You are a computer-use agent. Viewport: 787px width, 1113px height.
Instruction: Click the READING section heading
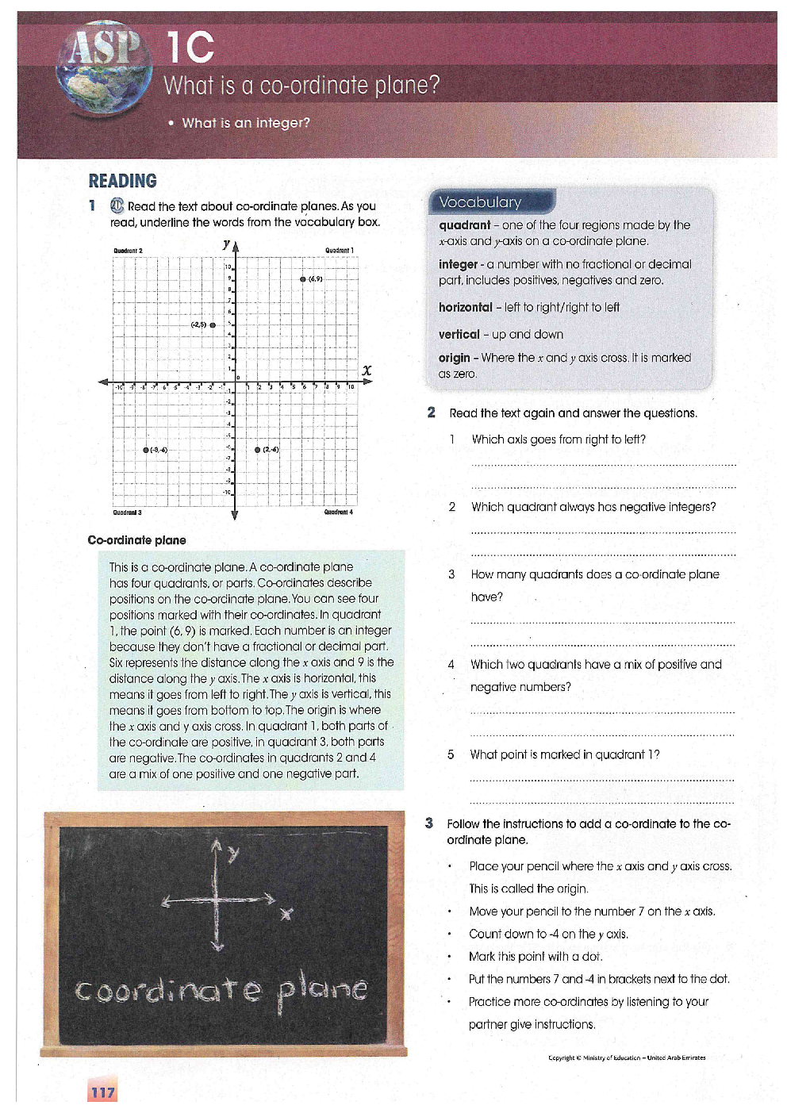pos(122,181)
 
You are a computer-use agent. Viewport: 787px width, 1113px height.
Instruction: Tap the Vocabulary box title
pos(481,202)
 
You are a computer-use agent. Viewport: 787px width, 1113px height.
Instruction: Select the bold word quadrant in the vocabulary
pos(465,225)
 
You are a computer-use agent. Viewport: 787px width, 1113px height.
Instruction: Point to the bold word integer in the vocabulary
pos(458,264)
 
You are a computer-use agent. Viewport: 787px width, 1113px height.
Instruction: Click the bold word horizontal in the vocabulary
pos(465,307)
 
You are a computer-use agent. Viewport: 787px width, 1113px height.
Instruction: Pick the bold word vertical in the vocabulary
pos(459,335)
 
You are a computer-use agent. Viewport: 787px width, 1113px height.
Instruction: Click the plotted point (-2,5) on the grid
pos(213,325)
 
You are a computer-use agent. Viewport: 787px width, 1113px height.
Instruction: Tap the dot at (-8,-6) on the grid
pos(146,450)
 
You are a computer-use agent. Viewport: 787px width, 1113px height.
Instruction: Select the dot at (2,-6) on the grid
pos(258,450)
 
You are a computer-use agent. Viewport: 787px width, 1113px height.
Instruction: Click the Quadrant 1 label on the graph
pos(340,251)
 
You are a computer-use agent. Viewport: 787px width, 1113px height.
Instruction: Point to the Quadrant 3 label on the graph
pos(128,512)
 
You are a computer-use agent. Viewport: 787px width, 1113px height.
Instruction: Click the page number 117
pos(102,1092)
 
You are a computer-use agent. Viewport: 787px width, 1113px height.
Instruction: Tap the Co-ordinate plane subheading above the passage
pos(136,540)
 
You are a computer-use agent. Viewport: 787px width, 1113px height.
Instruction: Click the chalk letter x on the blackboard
pos(286,914)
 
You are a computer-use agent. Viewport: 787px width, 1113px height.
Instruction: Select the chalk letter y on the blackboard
pos(232,854)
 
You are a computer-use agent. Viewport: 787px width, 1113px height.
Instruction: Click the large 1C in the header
pos(190,48)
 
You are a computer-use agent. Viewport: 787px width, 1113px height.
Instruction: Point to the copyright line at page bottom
pos(626,1057)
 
